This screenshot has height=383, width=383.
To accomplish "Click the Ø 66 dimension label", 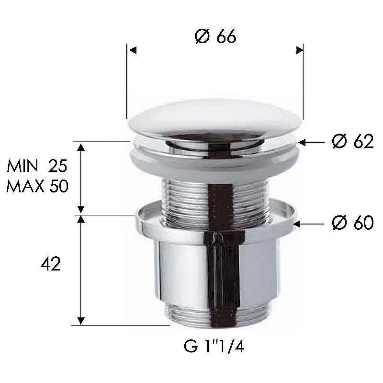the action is pyautogui.click(x=216, y=36).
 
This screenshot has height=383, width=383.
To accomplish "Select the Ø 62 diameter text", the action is pyautogui.click(x=353, y=141).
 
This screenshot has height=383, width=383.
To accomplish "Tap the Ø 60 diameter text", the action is pyautogui.click(x=353, y=222).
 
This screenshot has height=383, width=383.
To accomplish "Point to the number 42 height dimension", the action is pyautogui.click(x=51, y=264).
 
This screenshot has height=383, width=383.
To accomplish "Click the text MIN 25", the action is pyautogui.click(x=37, y=166).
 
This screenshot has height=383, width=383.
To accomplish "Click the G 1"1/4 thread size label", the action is pyautogui.click(x=214, y=346).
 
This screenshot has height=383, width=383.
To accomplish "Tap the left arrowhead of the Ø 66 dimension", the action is pyautogui.click(x=132, y=50).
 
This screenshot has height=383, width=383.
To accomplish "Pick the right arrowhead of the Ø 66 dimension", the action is pyautogui.click(x=300, y=50).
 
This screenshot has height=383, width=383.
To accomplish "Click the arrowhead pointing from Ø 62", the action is pyautogui.click(x=302, y=142).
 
